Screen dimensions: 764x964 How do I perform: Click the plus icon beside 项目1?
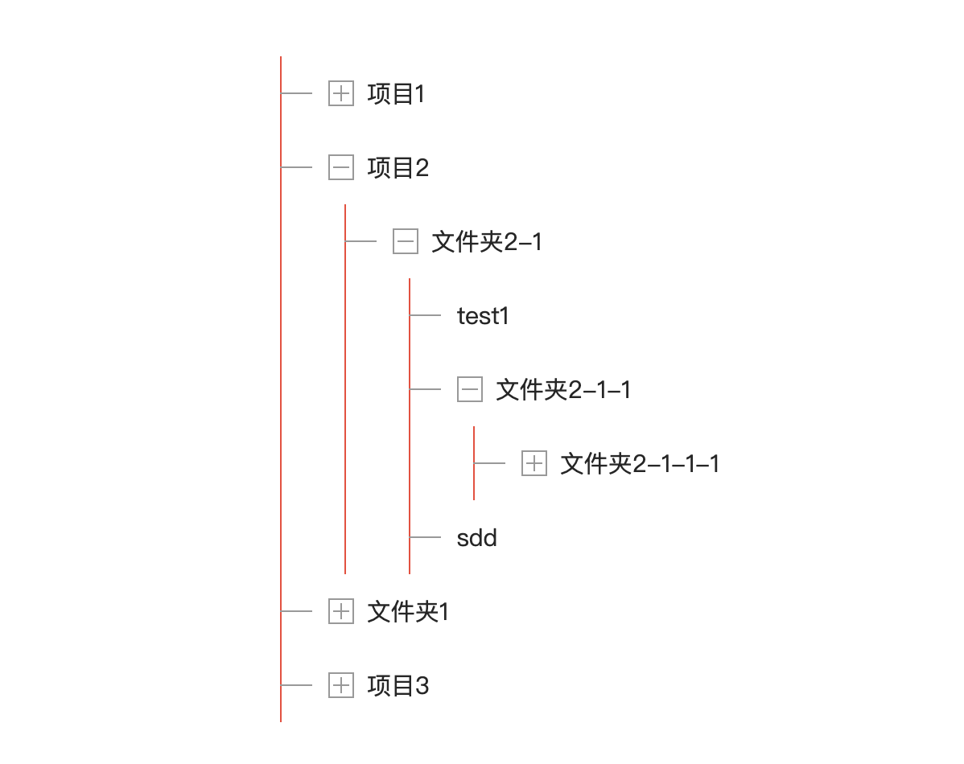click(341, 93)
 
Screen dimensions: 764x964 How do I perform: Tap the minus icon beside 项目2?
click(341, 167)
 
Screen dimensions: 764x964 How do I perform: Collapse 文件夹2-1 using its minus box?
click(406, 241)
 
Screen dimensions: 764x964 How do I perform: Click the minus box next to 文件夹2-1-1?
click(470, 389)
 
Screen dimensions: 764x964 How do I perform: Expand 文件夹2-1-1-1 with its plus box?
click(534, 463)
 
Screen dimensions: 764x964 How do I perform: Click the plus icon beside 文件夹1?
click(341, 611)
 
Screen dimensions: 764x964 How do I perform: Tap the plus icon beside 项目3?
click(341, 685)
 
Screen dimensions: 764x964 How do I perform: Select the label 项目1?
click(396, 94)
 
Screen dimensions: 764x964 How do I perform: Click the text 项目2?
click(398, 168)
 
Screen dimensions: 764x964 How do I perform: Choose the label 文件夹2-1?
click(487, 242)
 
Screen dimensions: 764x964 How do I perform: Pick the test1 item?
click(483, 316)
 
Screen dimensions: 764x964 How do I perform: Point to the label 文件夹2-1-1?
click(563, 390)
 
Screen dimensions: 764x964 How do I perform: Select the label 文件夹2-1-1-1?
click(640, 464)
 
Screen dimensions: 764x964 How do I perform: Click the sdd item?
click(476, 538)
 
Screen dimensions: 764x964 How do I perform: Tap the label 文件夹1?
click(408, 612)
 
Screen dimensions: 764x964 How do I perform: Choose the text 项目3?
click(398, 686)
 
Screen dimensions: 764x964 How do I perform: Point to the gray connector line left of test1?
click(426, 315)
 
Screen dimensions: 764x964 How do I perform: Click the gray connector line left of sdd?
click(426, 537)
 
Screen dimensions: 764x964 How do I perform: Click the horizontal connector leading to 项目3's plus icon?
click(297, 685)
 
